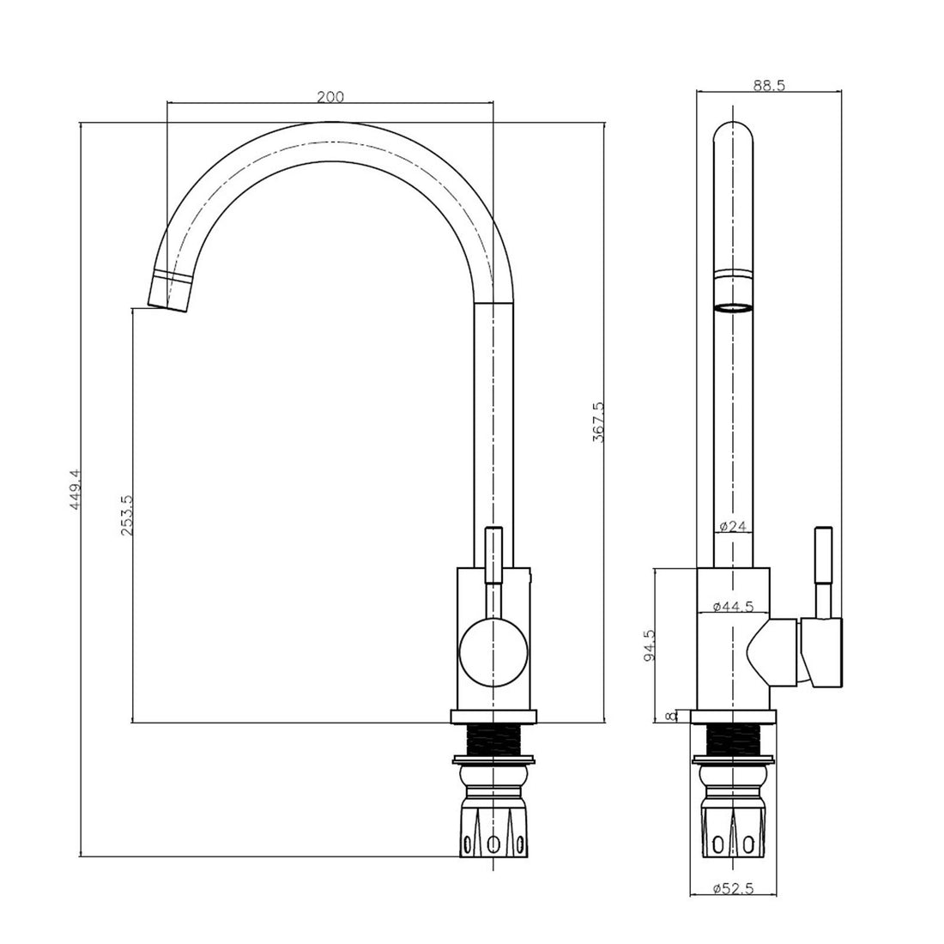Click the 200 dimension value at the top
pyautogui.click(x=330, y=97)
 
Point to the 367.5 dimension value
pyautogui.click(x=598, y=421)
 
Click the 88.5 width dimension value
pyautogui.click(x=769, y=84)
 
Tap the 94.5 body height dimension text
pyautogui.click(x=650, y=644)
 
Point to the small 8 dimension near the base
pyautogui.click(x=671, y=715)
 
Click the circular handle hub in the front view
pyautogui.click(x=491, y=652)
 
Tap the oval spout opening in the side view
pyautogui.click(x=735, y=308)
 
